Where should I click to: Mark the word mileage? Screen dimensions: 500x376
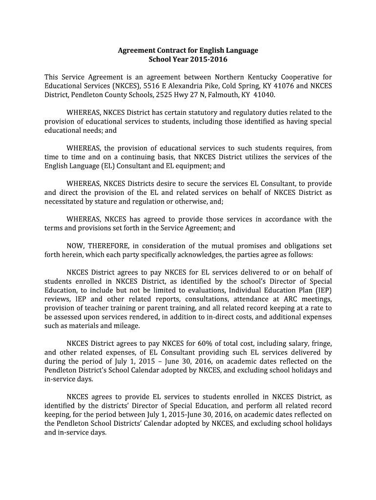point(127,326)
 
